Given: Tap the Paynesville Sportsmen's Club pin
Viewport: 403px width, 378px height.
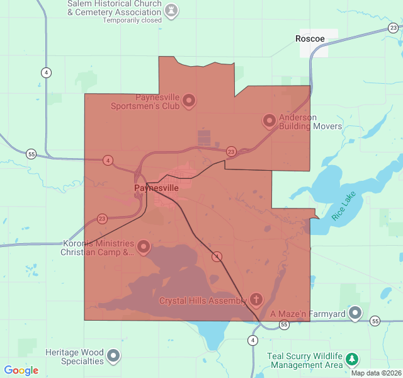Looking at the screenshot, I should pyautogui.click(x=188, y=100).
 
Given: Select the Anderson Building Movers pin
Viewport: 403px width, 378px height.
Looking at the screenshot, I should pyautogui.click(x=270, y=120).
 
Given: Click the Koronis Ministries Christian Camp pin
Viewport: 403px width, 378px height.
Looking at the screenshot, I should pyautogui.click(x=144, y=246).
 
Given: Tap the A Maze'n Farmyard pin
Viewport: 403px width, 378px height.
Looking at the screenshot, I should pyautogui.click(x=356, y=312).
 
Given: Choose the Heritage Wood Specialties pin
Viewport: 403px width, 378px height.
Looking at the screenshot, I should pyautogui.click(x=113, y=356).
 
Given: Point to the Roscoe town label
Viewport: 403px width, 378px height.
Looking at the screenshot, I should pyautogui.click(x=310, y=38).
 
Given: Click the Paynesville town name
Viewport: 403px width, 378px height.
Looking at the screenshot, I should pyautogui.click(x=156, y=188).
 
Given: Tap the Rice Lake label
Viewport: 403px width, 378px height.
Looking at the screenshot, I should pyautogui.click(x=344, y=205).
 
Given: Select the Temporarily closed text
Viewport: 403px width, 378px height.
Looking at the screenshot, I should pyautogui.click(x=132, y=20).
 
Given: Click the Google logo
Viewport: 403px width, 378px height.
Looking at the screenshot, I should pyautogui.click(x=21, y=370).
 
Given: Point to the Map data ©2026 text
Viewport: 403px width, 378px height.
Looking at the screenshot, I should pyautogui.click(x=375, y=373).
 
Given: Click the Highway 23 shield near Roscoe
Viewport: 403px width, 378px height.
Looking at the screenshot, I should pyautogui.click(x=394, y=28).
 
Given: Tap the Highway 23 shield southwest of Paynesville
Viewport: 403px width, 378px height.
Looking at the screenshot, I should pyautogui.click(x=102, y=219).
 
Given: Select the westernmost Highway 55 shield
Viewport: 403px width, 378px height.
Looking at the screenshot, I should pyautogui.click(x=31, y=154).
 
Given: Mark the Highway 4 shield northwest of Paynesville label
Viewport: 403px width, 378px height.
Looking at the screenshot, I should pyautogui.click(x=108, y=160).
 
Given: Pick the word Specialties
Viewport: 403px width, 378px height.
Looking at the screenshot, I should pyautogui.click(x=82, y=361).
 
